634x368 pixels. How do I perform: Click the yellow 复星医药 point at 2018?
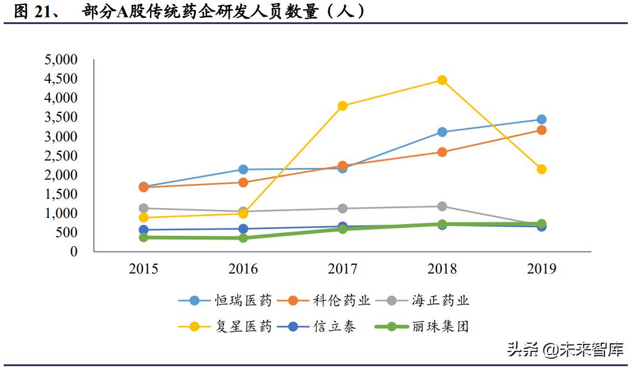coord(442,80)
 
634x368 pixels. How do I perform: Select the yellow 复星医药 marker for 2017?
coord(343,106)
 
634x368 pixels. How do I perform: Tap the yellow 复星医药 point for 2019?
coord(541,169)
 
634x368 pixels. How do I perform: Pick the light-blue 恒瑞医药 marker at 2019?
coord(541,120)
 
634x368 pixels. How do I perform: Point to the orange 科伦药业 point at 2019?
coord(541,130)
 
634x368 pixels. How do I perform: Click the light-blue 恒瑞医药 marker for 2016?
coord(243,169)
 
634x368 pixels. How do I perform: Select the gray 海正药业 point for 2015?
coord(144,208)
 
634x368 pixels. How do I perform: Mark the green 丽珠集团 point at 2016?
coord(243,238)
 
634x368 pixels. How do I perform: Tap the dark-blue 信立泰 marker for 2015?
coord(144,230)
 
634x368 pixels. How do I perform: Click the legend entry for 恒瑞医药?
coord(225,301)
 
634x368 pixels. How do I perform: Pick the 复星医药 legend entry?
coord(225,327)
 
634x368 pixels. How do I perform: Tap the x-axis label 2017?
coord(343,269)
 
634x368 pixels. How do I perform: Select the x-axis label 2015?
coord(144,269)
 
